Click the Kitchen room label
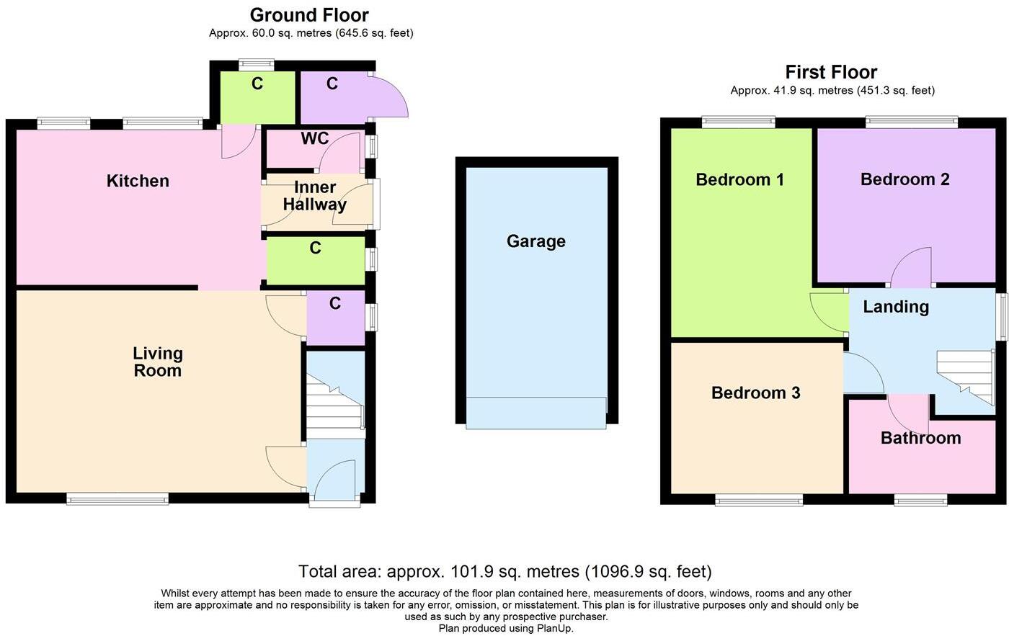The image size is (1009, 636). pos(138,181)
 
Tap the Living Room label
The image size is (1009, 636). pos(157,362)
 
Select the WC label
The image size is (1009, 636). pos(315,138)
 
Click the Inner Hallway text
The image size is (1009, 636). pos(314,195)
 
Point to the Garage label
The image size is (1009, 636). pos(535,241)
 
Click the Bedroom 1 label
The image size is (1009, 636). pos(739,179)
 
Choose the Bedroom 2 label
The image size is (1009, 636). pos(904,179)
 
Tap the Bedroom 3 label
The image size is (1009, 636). pos(755,393)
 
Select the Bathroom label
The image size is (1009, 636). pos(920,438)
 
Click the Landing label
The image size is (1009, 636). pos(896,307)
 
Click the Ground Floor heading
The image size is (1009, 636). pos(309,15)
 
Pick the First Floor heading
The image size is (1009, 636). pos(831,72)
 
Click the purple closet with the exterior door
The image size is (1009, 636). pos(333,99)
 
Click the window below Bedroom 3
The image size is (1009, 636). pos(758,500)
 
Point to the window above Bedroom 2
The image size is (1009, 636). pos(912,122)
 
